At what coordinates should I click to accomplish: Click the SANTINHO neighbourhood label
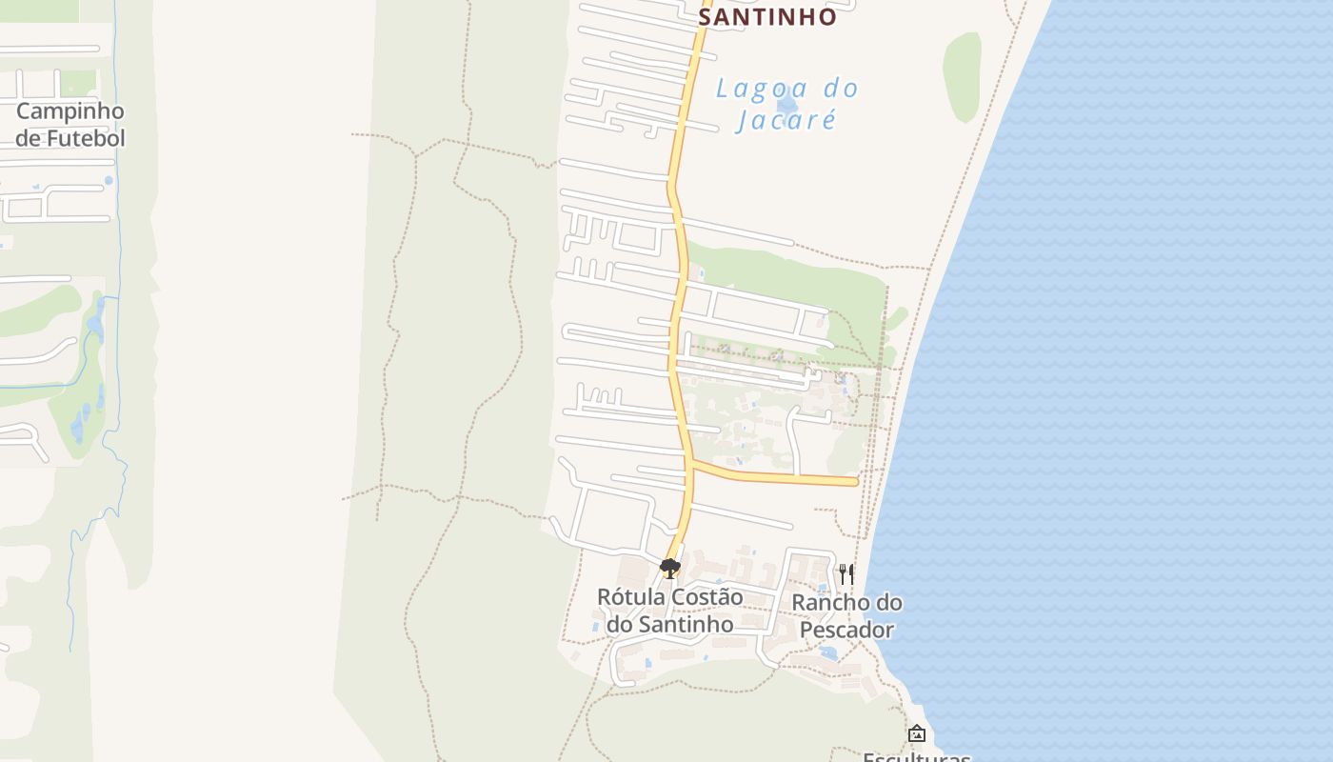tap(767, 17)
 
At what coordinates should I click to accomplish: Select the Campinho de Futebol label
tap(70, 125)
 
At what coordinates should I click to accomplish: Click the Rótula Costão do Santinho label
tap(669, 610)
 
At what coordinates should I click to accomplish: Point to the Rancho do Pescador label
tap(846, 615)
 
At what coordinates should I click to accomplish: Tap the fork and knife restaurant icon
tap(846, 574)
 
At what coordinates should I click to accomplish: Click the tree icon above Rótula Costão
tap(669, 569)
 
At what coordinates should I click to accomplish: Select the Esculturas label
tap(916, 757)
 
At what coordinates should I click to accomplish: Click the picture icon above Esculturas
tap(916, 733)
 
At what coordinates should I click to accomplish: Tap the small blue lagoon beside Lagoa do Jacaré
tap(786, 105)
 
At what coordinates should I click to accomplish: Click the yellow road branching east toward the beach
tap(781, 477)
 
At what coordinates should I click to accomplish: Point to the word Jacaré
tap(786, 120)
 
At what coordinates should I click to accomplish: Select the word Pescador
tap(846, 630)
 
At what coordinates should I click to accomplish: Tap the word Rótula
tap(631, 596)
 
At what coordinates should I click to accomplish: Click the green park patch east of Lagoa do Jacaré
tap(962, 76)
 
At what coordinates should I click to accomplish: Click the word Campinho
tap(70, 111)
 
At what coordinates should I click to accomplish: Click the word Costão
tap(707, 596)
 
